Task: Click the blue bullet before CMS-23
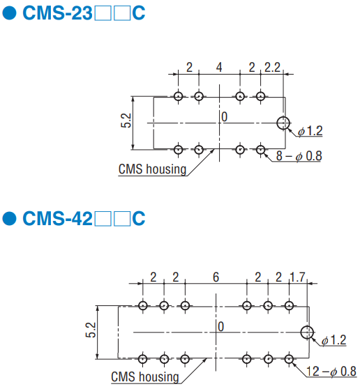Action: coord(10,13)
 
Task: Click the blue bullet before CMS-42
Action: coord(10,218)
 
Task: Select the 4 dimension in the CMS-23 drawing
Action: coord(219,67)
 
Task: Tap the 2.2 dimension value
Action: coord(272,67)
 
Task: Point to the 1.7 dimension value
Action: coord(297,277)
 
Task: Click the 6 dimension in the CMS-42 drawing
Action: coord(216,277)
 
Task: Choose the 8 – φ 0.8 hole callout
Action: coord(299,155)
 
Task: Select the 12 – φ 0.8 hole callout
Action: coord(331,372)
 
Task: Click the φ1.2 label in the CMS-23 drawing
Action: coord(310,131)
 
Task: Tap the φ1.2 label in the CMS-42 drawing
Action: coord(333,340)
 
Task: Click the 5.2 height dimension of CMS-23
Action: coord(126,121)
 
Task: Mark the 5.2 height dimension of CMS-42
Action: coord(91,330)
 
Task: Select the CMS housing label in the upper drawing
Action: coord(152,169)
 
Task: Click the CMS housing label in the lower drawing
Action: coord(145,377)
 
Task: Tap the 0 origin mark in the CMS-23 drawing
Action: coord(225,117)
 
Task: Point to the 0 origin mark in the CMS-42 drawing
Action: coord(221,326)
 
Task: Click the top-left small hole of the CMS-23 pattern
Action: coord(179,96)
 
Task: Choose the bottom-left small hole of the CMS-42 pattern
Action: coord(142,359)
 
